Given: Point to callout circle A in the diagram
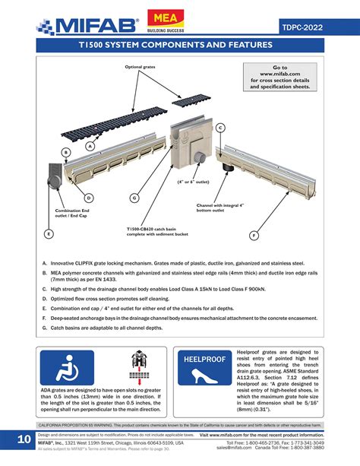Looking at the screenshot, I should point(90,145).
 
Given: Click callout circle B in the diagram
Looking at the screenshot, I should point(65,152).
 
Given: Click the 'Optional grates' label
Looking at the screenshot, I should point(140,68).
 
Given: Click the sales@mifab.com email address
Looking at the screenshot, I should point(236,449).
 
